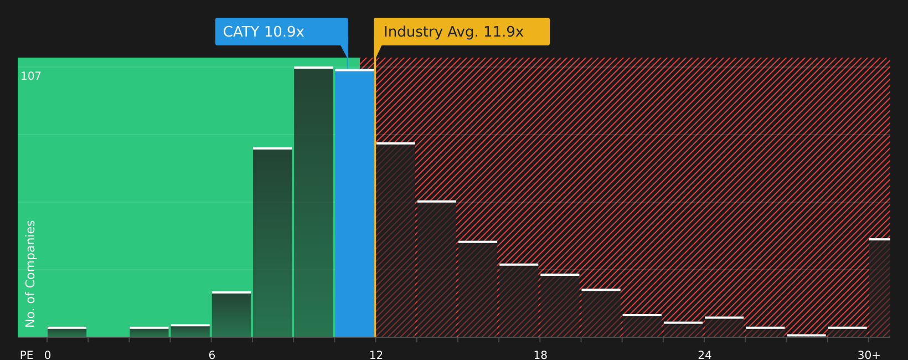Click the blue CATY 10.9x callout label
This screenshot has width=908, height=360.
coord(281,32)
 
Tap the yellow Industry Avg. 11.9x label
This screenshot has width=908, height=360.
coord(461,32)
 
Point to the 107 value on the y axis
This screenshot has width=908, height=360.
coord(31,76)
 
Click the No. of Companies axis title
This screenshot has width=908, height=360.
coord(30,274)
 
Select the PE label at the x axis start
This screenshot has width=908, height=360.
coord(27,355)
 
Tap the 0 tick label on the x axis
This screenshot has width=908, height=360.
coord(48,355)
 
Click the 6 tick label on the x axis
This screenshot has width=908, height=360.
coord(211,355)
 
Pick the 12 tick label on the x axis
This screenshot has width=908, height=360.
coord(376,355)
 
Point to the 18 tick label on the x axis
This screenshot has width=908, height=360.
coord(540,355)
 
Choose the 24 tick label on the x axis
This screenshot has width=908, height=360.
coord(704,355)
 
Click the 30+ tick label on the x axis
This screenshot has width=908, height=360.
coord(869,355)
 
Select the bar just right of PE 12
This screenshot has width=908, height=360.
coord(395,240)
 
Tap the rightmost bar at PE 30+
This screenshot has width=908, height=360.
coord(880,288)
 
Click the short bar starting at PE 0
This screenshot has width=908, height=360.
coord(67,332)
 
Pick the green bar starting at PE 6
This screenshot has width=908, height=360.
coord(231,315)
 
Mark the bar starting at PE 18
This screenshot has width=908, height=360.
coord(560,306)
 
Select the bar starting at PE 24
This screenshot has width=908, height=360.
coord(724,327)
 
